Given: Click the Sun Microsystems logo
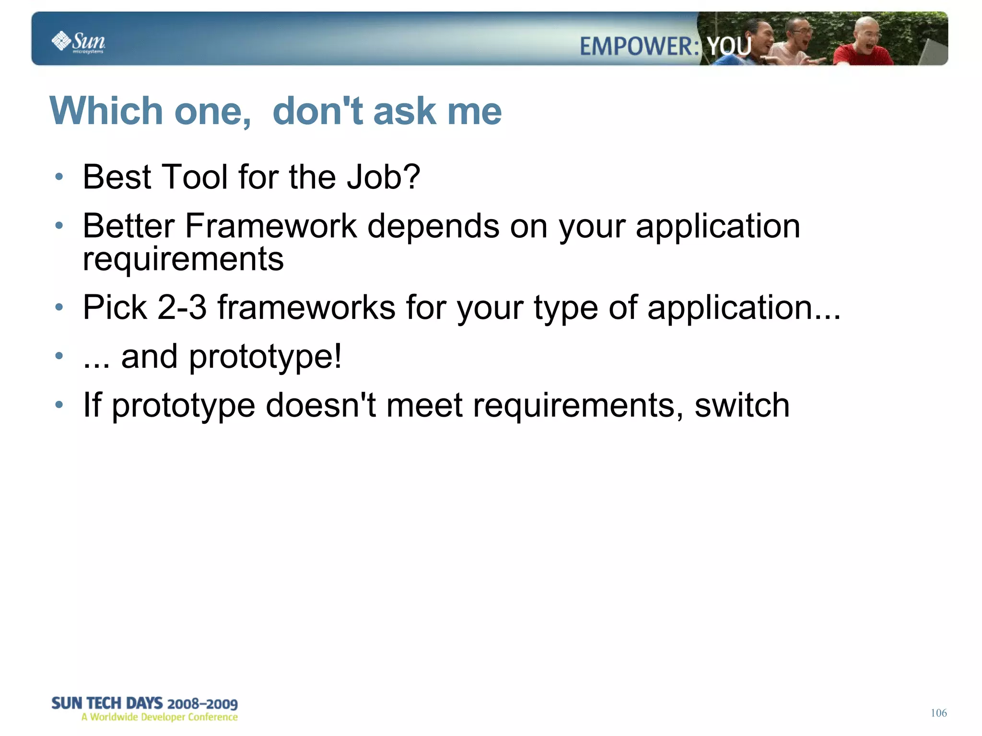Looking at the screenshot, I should tap(78, 42).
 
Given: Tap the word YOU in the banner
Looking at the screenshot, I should tap(729, 47).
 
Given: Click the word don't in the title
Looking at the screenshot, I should tap(317, 111).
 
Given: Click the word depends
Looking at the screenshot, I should tap(433, 227).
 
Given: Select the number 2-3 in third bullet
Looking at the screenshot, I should tap(182, 307).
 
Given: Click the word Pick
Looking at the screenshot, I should tap(115, 307).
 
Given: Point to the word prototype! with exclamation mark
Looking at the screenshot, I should tap(265, 357).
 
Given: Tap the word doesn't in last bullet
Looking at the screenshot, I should tap(320, 405).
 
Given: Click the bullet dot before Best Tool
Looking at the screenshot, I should tap(59, 177).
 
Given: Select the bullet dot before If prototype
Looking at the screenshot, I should tap(59, 405).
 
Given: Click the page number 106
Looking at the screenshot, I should tap(938, 713).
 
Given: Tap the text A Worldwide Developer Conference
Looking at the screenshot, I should tap(160, 717).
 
